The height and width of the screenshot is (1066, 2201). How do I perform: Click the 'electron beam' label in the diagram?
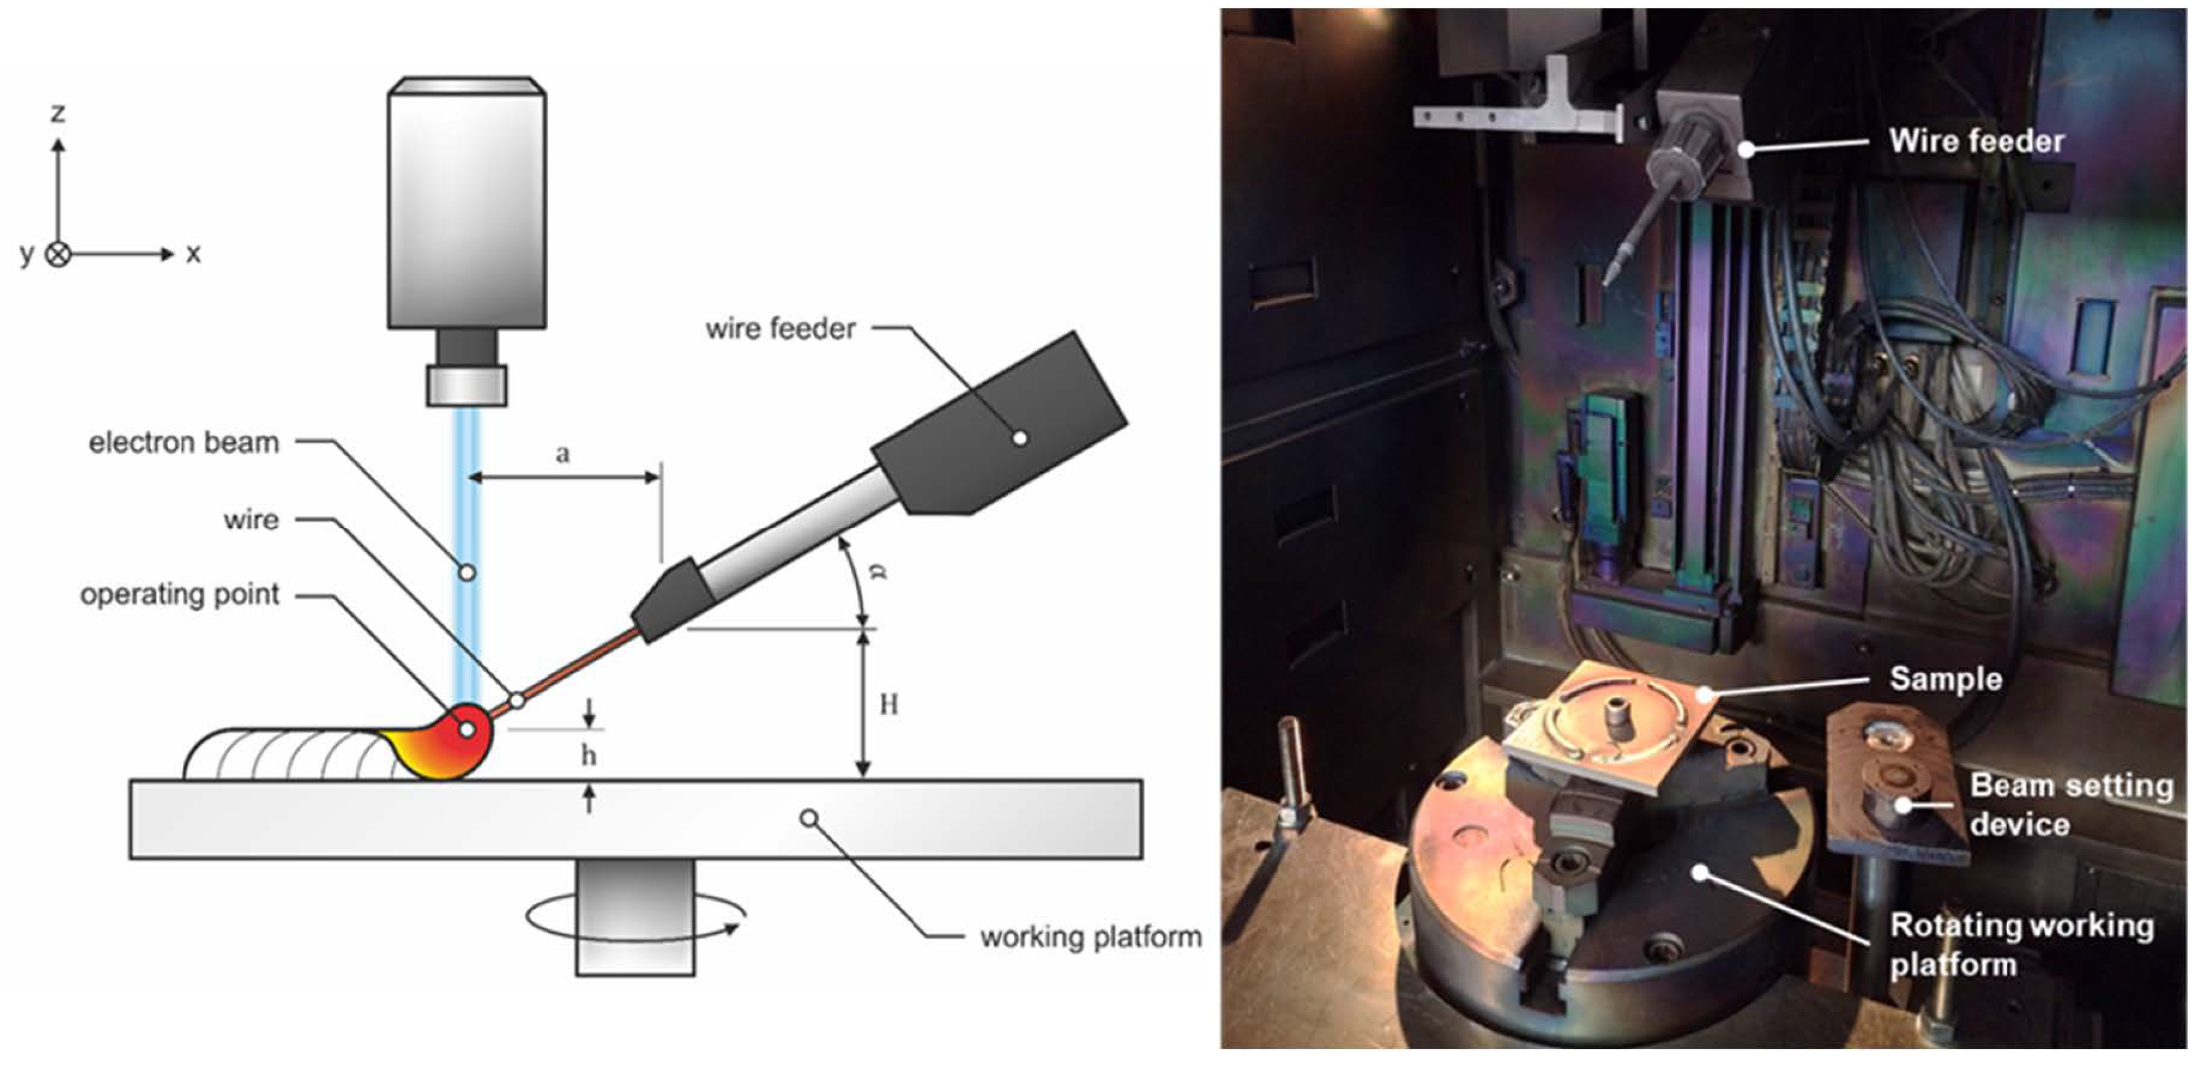coord(184,443)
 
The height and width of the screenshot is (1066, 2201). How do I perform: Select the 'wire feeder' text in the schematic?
coord(780,328)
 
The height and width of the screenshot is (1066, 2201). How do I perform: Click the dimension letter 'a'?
coord(562,453)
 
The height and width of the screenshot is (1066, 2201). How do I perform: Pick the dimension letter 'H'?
coord(889,704)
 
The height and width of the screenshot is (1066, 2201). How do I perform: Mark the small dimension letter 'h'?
coord(589,755)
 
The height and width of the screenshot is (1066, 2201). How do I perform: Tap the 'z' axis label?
coord(58,113)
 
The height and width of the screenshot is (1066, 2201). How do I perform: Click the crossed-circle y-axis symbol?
coord(58,254)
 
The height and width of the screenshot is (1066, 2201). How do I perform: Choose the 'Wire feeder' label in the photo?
coord(1976,141)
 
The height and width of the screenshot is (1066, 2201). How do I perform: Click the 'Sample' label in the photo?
coord(1945,679)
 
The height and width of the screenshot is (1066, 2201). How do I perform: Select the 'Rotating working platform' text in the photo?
coord(2022,944)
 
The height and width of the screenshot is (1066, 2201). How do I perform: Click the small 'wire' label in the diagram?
coord(251,520)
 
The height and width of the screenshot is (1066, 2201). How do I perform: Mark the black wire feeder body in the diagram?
coord(1000,423)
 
